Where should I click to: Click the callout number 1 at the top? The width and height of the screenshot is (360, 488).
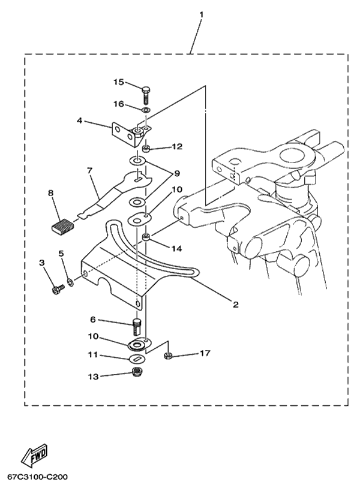click(202, 13)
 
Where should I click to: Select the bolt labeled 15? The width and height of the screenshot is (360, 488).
click(146, 95)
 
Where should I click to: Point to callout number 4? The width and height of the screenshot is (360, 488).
click(79, 121)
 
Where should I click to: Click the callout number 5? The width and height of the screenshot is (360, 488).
click(61, 254)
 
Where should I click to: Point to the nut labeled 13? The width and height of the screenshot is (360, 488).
click(137, 373)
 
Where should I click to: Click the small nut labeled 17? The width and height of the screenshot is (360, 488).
click(169, 356)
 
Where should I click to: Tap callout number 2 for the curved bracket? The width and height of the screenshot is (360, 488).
click(236, 305)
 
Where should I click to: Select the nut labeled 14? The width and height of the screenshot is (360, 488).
click(146, 239)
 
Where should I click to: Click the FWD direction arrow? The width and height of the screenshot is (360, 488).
click(35, 457)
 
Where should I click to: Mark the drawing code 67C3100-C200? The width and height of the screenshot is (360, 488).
click(38, 478)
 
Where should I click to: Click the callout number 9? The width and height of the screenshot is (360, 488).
click(177, 173)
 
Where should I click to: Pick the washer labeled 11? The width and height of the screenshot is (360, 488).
click(138, 359)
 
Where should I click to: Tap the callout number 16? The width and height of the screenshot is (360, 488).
click(119, 104)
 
